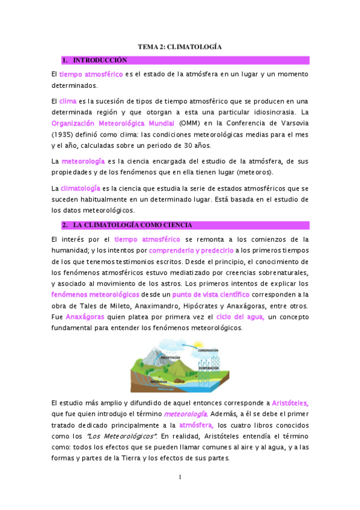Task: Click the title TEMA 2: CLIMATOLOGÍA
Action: [x=180, y=46]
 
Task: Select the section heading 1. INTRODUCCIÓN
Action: [x=99, y=60]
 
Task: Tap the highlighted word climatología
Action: [x=81, y=188]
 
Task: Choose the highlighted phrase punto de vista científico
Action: [x=210, y=294]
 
